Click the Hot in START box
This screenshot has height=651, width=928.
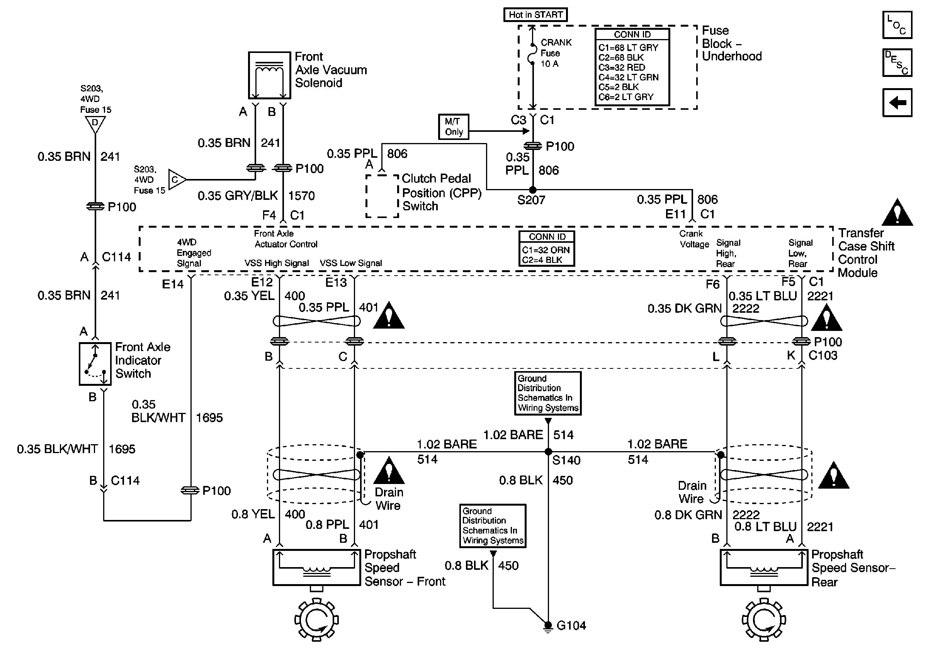(x=535, y=15)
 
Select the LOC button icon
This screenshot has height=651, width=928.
(x=896, y=25)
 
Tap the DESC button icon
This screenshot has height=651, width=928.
(x=896, y=63)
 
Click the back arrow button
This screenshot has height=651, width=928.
(x=896, y=103)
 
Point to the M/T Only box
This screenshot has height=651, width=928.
(x=454, y=126)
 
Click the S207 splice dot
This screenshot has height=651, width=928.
(x=533, y=190)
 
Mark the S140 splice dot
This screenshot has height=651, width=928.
(x=548, y=452)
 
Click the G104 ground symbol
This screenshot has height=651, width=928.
(x=548, y=626)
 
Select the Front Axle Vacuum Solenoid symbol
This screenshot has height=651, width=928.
(x=269, y=76)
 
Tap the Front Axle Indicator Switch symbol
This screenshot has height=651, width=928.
(x=95, y=363)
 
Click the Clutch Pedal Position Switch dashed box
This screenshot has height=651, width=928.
(x=382, y=196)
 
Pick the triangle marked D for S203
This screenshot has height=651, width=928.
(x=95, y=123)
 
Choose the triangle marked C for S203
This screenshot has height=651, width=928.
(x=176, y=179)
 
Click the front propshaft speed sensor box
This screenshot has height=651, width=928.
(x=316, y=567)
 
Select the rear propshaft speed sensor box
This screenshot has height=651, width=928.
(x=763, y=567)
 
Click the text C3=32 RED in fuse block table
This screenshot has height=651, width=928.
(x=622, y=68)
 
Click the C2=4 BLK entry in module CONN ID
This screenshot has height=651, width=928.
(x=542, y=260)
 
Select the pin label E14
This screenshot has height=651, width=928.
(x=173, y=285)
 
